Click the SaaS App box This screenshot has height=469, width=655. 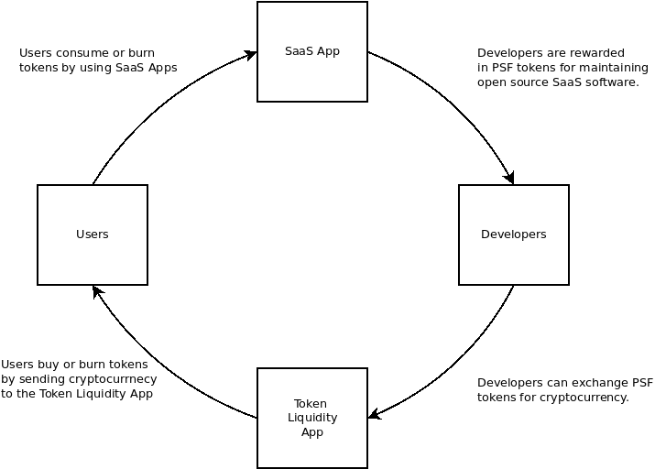tap(311, 51)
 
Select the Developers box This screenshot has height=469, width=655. tap(513, 234)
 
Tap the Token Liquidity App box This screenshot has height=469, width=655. tap(311, 418)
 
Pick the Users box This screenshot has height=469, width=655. tap(92, 234)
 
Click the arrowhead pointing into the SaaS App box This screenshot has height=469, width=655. tap(250, 54)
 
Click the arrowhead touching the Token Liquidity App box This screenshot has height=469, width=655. tap(374, 415)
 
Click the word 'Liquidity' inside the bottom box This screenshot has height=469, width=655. tap(311, 418)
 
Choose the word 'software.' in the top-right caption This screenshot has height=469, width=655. tap(611, 82)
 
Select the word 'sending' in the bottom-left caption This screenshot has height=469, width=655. tap(43, 378)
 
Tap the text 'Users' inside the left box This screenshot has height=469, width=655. tap(92, 234)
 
